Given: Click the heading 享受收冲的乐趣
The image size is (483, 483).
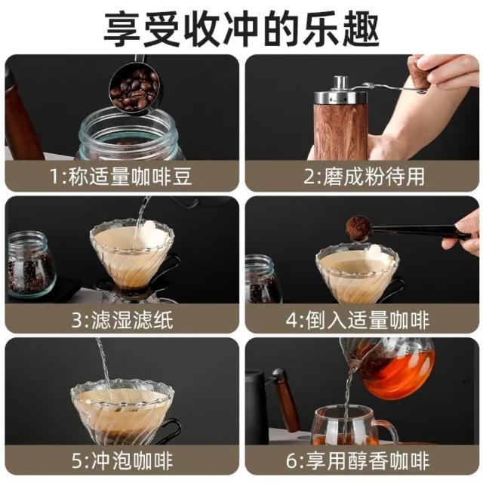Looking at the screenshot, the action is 241,30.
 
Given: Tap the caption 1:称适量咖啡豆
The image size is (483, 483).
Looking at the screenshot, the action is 121,177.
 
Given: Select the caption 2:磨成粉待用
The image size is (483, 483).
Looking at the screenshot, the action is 364,177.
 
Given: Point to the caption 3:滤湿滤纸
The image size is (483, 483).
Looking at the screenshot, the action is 122,319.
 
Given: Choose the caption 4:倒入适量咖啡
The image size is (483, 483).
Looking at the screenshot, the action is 358,319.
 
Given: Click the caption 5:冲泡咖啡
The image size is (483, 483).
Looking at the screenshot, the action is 122,461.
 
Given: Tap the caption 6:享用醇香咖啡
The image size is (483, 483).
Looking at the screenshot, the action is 358,461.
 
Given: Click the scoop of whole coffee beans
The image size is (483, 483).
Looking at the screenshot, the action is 134,89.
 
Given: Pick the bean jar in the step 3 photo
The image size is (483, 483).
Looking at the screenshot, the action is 30,266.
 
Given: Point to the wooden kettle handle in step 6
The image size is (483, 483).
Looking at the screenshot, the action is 287,401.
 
